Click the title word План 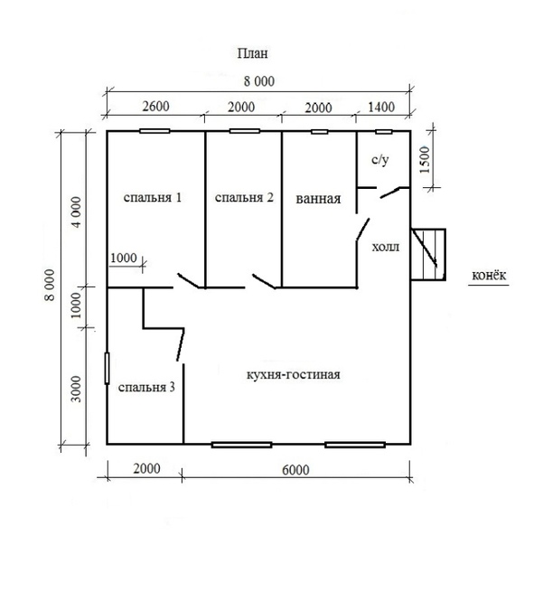253,53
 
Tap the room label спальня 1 153,197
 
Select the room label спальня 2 244,197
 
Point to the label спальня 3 146,388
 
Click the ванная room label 318,199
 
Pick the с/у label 379,159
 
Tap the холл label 386,247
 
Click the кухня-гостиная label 294,374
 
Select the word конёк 489,275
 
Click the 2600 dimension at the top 155,106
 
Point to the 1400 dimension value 381,107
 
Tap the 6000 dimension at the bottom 295,470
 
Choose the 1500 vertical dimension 425,160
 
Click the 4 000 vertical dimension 77,212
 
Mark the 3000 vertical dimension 77,389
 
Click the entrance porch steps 428,255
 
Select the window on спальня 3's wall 108,368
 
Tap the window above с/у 384,132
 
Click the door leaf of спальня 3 181,344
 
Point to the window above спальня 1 154,131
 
